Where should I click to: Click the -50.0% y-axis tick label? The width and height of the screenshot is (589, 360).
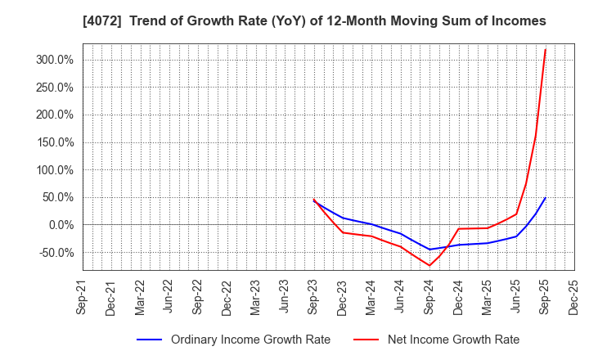tap(52, 253)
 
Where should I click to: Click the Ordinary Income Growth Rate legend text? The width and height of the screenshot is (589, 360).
tap(250, 340)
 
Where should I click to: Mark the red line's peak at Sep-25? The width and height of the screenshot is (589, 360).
tap(546, 50)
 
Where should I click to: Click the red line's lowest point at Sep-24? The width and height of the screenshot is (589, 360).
tap(429, 265)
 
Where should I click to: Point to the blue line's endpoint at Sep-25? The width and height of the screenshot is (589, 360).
tap(546, 198)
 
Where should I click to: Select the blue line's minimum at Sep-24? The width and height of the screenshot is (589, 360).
tap(429, 250)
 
